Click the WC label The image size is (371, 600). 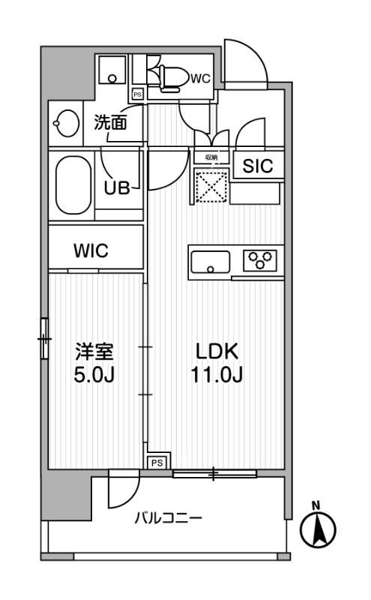pyautogui.click(x=199, y=77)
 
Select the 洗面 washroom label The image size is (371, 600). pyautogui.click(x=109, y=123)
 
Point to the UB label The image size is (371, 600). pyautogui.click(x=118, y=187)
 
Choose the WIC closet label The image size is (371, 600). pyautogui.click(x=91, y=251)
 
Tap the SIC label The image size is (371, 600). pyautogui.click(x=257, y=167)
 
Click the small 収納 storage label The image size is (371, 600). pyautogui.click(x=211, y=157)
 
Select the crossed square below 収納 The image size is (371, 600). pyautogui.click(x=211, y=185)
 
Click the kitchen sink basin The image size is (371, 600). pyautogui.click(x=211, y=262)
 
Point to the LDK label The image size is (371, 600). pyautogui.click(x=217, y=350)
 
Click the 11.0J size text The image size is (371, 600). pyautogui.click(x=217, y=374)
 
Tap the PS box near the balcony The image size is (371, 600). pyautogui.click(x=157, y=463)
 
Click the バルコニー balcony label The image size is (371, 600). pyautogui.click(x=168, y=518)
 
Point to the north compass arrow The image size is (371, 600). pyautogui.click(x=318, y=528)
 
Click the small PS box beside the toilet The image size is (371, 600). pyautogui.click(x=137, y=94)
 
